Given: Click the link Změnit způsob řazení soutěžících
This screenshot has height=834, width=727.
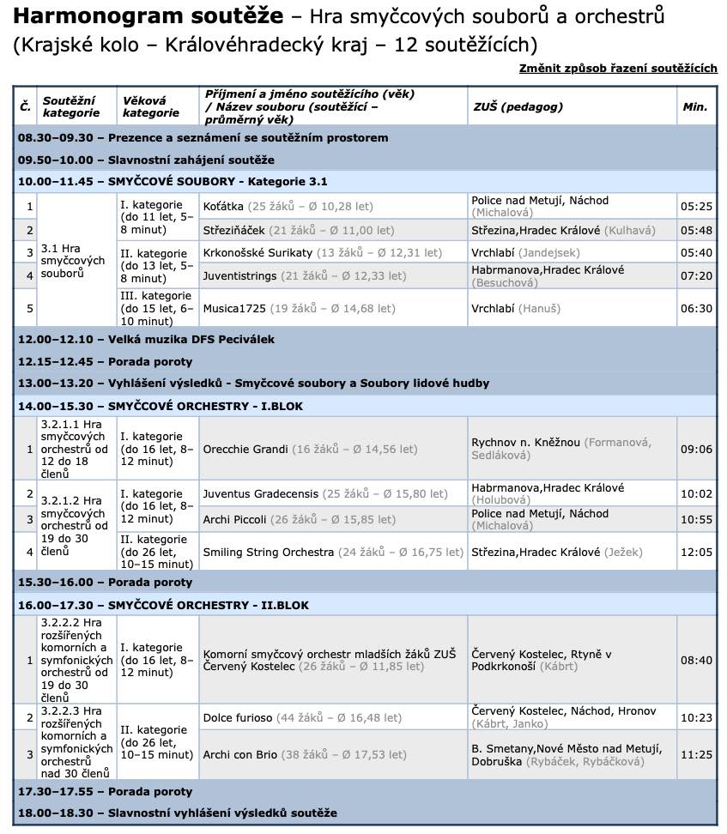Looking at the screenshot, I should pyautogui.click(x=618, y=69).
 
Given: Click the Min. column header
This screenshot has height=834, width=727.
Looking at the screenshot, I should pyautogui.click(x=694, y=106).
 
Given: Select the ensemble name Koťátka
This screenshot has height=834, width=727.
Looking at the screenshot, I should pyautogui.click(x=223, y=207).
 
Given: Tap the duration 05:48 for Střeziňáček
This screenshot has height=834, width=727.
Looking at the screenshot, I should pyautogui.click(x=696, y=230).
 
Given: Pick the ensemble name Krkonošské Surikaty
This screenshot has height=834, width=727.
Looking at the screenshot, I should pyautogui.click(x=257, y=253).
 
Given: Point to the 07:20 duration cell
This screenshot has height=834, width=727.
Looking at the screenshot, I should pyautogui.click(x=696, y=276).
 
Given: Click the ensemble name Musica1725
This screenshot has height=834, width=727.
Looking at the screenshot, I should pyautogui.click(x=235, y=309).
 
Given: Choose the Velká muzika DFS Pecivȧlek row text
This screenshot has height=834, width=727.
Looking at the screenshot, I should pyautogui.click(x=146, y=339).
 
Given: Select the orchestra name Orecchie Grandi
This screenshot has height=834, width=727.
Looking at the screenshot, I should pyautogui.click(x=245, y=449).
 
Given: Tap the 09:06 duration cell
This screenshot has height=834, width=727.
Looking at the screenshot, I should pyautogui.click(x=696, y=449).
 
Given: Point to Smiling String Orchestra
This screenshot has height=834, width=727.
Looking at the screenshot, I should pyautogui.click(x=268, y=552).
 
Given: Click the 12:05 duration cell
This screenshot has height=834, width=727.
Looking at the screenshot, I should pyautogui.click(x=696, y=552).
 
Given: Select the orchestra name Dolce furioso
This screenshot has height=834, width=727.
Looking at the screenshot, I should pyautogui.click(x=238, y=717).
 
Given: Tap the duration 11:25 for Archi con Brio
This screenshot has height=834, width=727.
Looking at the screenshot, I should pyautogui.click(x=696, y=755).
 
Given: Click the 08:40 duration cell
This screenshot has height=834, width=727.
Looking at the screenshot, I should pyautogui.click(x=696, y=660).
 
